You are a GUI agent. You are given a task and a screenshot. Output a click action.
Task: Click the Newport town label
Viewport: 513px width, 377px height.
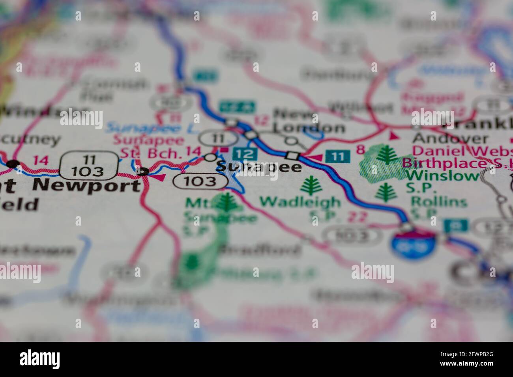(x=86, y=185)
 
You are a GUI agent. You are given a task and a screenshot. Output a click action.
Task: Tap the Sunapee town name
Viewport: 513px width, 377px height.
(x=259, y=167)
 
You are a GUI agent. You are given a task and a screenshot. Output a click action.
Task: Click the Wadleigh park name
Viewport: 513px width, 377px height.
(x=300, y=202)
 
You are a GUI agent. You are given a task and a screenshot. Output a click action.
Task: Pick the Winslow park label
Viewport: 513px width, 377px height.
(x=442, y=175)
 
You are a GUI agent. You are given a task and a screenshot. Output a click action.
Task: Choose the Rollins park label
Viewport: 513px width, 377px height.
(x=439, y=202)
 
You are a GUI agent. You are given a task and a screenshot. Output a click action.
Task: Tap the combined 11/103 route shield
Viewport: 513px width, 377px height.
(x=89, y=165)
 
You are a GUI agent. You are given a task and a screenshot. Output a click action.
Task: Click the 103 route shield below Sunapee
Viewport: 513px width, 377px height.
(x=200, y=181)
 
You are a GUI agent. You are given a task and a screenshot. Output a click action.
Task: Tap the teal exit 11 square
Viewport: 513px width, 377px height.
(x=338, y=156)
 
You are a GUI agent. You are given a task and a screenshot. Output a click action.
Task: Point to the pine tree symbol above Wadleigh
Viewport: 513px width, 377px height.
(x=312, y=185)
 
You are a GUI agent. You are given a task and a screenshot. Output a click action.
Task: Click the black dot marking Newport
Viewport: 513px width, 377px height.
(x=142, y=172)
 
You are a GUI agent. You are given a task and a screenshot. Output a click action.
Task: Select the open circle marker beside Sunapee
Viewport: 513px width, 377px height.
(x=210, y=158)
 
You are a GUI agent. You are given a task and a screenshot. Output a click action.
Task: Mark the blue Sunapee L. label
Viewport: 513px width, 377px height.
(x=144, y=128)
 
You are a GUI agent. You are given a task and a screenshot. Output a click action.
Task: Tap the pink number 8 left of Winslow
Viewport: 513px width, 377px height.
(x=359, y=149)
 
